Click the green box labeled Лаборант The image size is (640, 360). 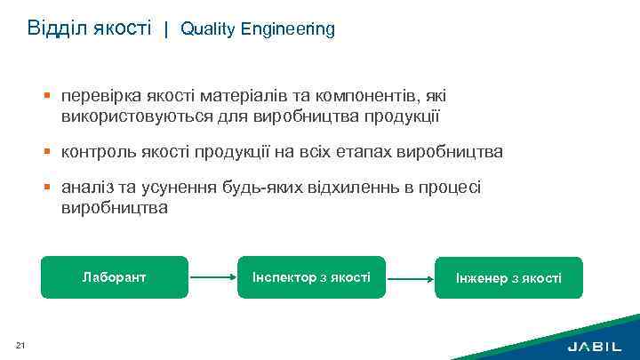(115, 276)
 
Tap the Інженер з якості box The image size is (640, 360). (508, 278)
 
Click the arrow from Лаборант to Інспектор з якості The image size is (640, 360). (213, 277)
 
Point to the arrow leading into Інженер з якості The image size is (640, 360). (410, 277)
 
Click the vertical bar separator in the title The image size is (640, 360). (165, 29)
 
